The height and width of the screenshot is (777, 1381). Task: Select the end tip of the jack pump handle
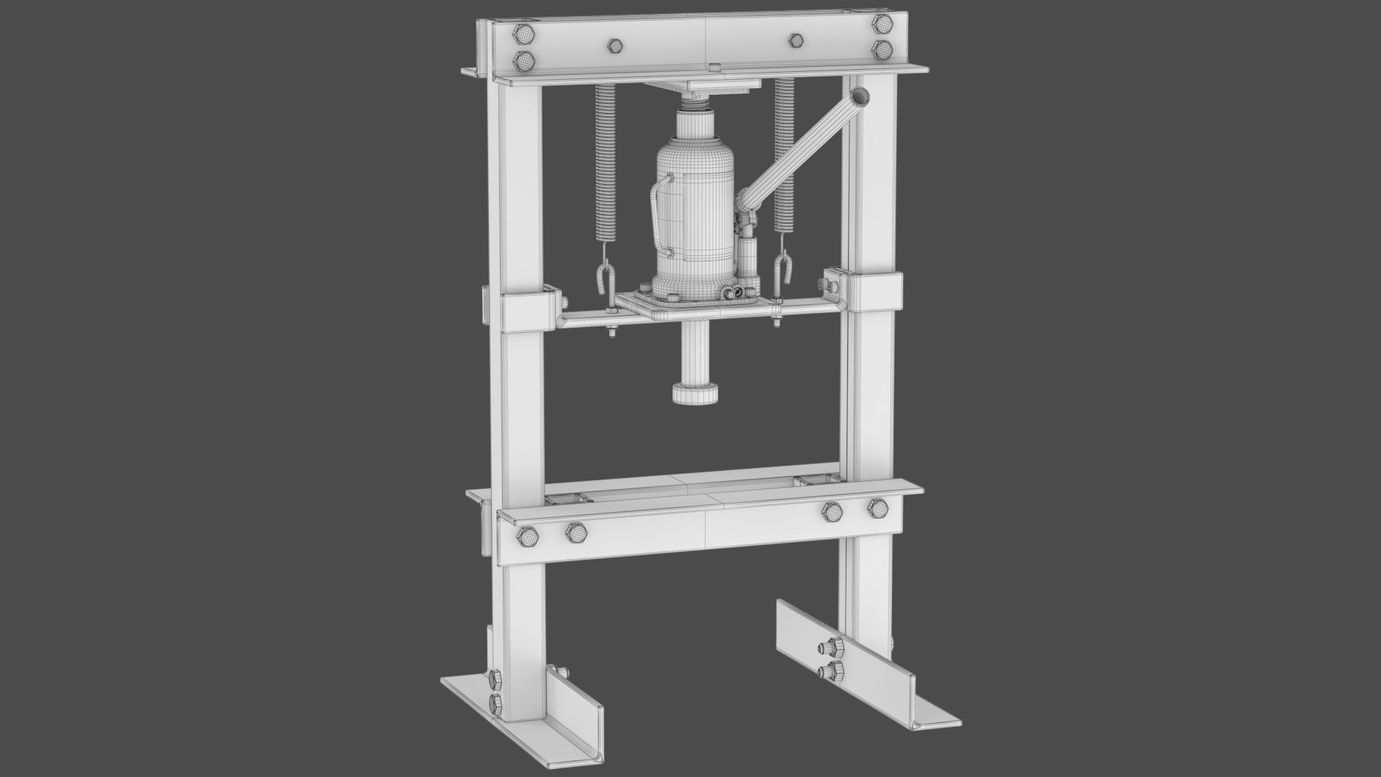(859, 96)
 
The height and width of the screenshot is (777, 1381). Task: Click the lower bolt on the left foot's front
(493, 703)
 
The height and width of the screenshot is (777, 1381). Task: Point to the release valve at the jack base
(734, 293)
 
